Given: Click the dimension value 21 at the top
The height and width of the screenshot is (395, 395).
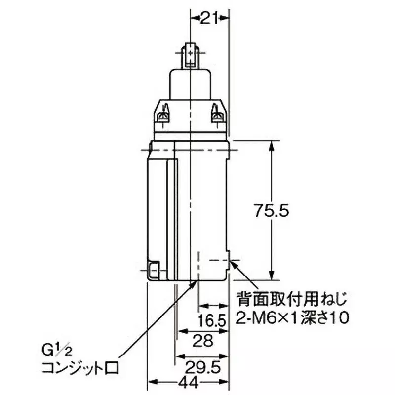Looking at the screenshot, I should (x=209, y=18).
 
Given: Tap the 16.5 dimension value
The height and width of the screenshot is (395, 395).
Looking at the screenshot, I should (x=212, y=321).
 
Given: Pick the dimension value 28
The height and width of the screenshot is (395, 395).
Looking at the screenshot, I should (x=203, y=341).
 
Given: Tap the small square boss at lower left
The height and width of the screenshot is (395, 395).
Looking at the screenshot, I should (x=154, y=271).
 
